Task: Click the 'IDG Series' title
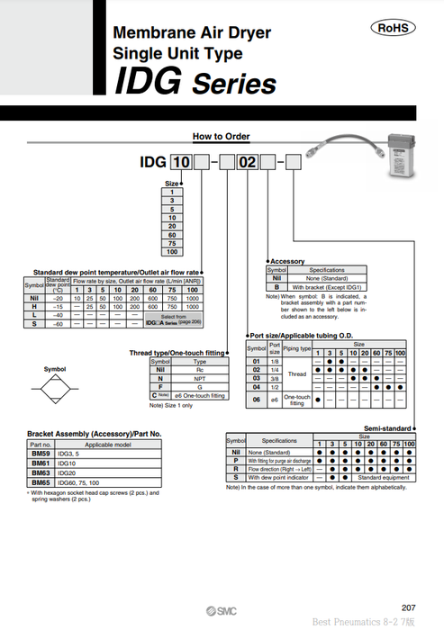click(195, 82)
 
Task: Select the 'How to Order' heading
click(222, 137)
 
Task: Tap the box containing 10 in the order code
click(181, 162)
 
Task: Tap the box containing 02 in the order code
click(246, 162)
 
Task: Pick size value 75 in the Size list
click(171, 244)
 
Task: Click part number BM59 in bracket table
click(41, 454)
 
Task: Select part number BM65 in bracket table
click(41, 482)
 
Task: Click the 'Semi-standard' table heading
click(388, 428)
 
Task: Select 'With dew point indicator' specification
click(278, 477)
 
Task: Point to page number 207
click(407, 607)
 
